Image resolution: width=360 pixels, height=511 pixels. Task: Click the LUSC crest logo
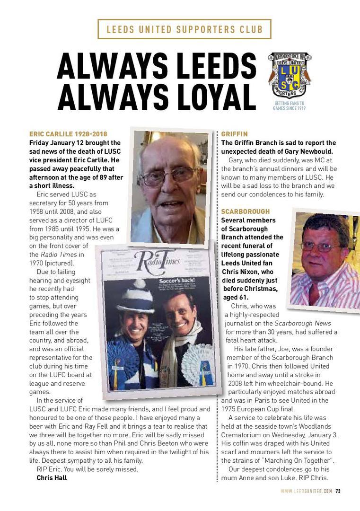pyautogui.click(x=290, y=75)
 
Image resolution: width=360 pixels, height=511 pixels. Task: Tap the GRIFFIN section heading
pyautogui.click(x=234, y=134)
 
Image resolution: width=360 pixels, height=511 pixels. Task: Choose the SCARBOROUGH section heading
pyautogui.click(x=246, y=211)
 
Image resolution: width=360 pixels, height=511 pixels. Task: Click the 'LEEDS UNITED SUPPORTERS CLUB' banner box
pyautogui.click(x=184, y=29)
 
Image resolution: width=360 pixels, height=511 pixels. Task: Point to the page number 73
pyautogui.click(x=338, y=491)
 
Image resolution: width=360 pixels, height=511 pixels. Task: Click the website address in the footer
pyautogui.click(x=306, y=491)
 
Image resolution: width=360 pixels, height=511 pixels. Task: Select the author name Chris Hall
pyautogui.click(x=52, y=478)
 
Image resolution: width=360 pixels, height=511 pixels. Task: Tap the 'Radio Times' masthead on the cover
pyautogui.click(x=156, y=259)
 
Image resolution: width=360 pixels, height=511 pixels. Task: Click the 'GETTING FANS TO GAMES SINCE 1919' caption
pyautogui.click(x=289, y=106)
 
